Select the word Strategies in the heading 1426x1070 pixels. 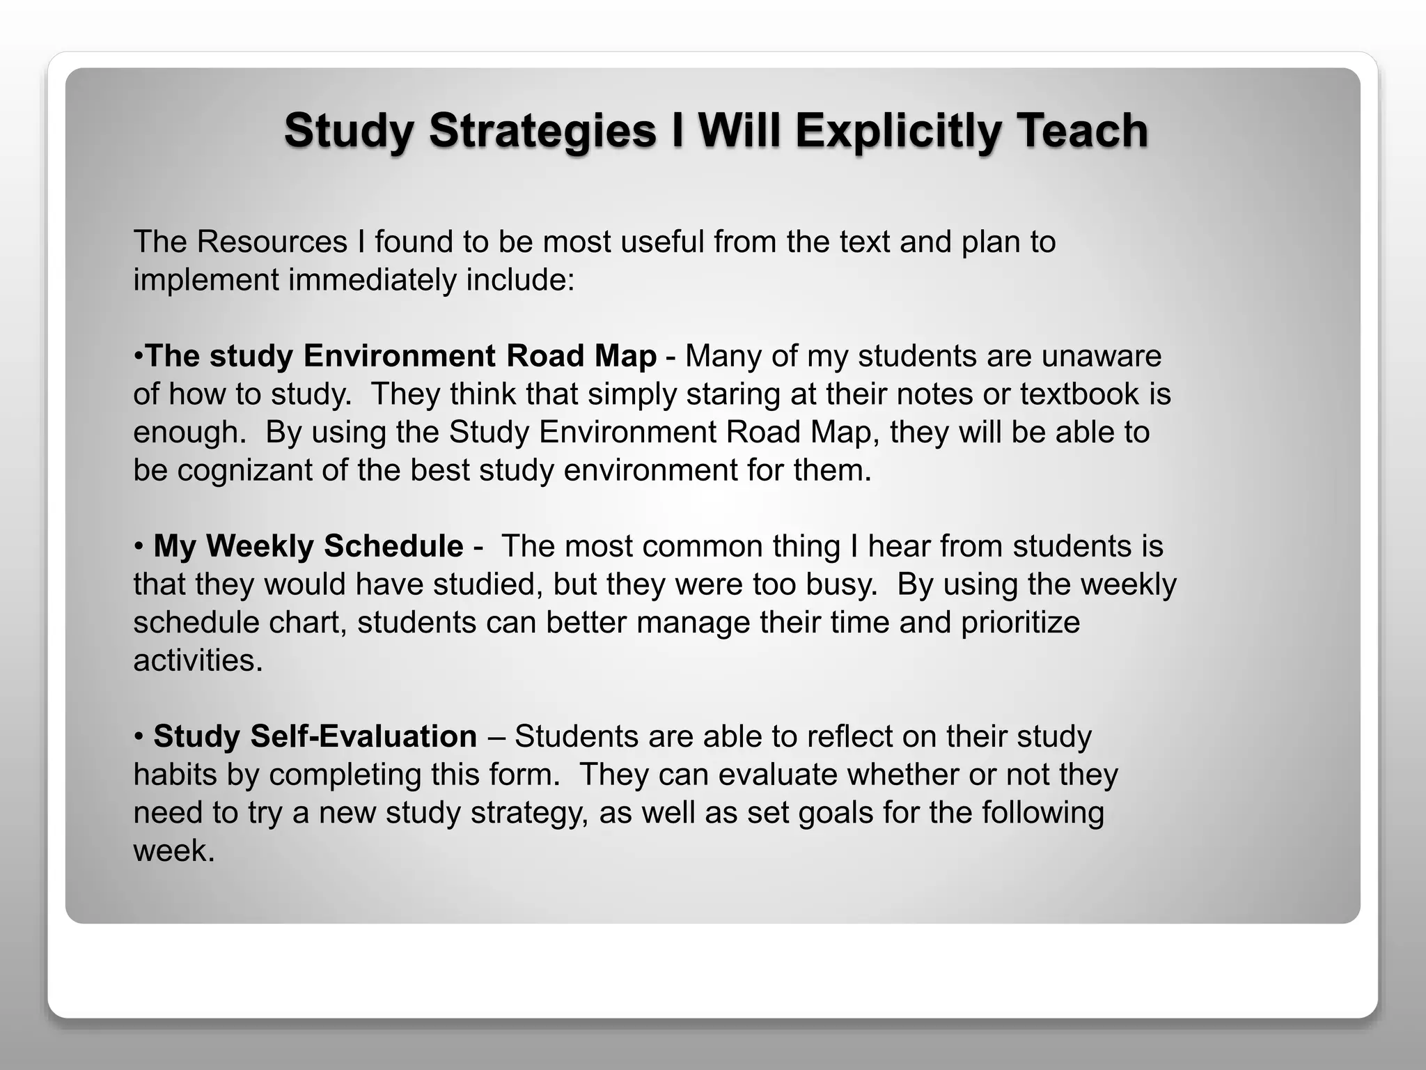(542, 131)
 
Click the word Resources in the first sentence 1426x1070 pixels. (272, 242)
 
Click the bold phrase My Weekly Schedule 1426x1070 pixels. (308, 546)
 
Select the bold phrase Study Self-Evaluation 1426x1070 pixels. (315, 736)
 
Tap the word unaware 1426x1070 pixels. (1101, 357)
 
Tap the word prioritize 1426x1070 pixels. (1020, 622)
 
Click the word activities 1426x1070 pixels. (198, 660)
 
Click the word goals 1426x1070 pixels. (836, 813)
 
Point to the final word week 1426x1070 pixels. (173, 851)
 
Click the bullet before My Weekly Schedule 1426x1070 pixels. (139, 547)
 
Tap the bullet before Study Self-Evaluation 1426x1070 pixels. (139, 737)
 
